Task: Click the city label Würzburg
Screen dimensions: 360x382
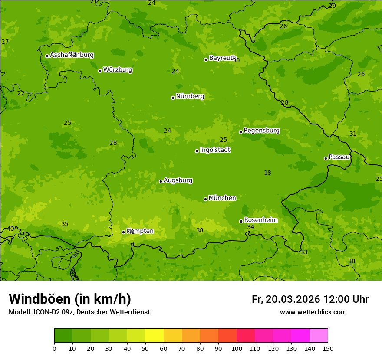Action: tap(118, 70)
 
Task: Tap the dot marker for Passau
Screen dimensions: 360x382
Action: tap(326, 158)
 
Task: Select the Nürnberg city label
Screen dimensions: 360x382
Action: tap(190, 96)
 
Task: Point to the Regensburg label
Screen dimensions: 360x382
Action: tap(261, 131)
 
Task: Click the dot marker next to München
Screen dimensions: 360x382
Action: tap(205, 199)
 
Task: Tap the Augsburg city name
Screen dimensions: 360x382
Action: tap(178, 180)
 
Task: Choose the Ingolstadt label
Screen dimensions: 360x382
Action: tap(215, 150)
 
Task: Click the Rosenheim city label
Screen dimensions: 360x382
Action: tap(260, 220)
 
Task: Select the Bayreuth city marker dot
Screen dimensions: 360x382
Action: tap(206, 59)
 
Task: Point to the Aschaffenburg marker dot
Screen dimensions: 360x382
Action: tap(47, 56)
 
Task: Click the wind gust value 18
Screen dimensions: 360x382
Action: tap(267, 173)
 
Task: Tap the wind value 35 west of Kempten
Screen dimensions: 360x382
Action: tap(65, 224)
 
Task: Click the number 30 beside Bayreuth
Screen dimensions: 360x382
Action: tap(236, 61)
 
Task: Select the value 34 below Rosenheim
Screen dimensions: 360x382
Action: tap(250, 227)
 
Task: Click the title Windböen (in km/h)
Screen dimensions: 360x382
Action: tap(70, 299)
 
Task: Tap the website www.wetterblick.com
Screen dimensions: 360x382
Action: tap(313, 312)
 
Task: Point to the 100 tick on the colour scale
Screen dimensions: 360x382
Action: tap(237, 348)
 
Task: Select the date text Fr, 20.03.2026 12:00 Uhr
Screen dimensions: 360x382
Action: tap(310, 299)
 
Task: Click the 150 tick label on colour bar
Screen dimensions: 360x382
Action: tap(328, 348)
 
